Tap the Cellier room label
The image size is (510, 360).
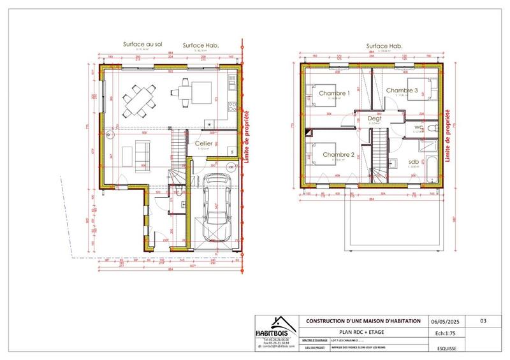click(x=203, y=144)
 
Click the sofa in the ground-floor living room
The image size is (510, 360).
click(x=139, y=153)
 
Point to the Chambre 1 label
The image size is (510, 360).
click(x=334, y=93)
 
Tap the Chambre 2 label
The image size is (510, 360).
click(x=338, y=155)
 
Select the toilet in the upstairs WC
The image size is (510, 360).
click(x=432, y=128)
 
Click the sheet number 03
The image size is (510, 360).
click(x=483, y=321)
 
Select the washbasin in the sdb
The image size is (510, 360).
click(x=396, y=162)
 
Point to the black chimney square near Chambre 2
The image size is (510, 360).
click(x=307, y=134)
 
